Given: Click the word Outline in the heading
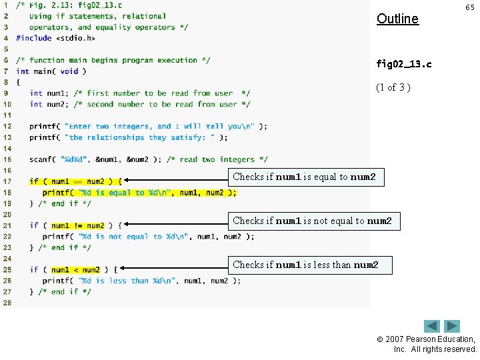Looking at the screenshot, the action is coord(397,19).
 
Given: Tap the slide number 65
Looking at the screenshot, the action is coord(469,7).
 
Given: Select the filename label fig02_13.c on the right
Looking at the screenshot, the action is coord(403,64).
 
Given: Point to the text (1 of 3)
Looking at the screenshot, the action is coord(393,87).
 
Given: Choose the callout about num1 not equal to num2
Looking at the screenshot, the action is coord(314,221).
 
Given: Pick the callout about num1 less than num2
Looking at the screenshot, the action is coord(307,265).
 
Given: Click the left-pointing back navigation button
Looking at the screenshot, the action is coord(433,326).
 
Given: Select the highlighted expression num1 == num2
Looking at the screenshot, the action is coord(77,181).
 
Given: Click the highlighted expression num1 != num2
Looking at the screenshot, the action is coord(77,225).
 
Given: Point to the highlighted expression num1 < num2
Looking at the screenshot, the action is coord(75,269).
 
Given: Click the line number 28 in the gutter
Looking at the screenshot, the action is coord(7,303).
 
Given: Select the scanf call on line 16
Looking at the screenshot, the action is coord(42,159).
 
